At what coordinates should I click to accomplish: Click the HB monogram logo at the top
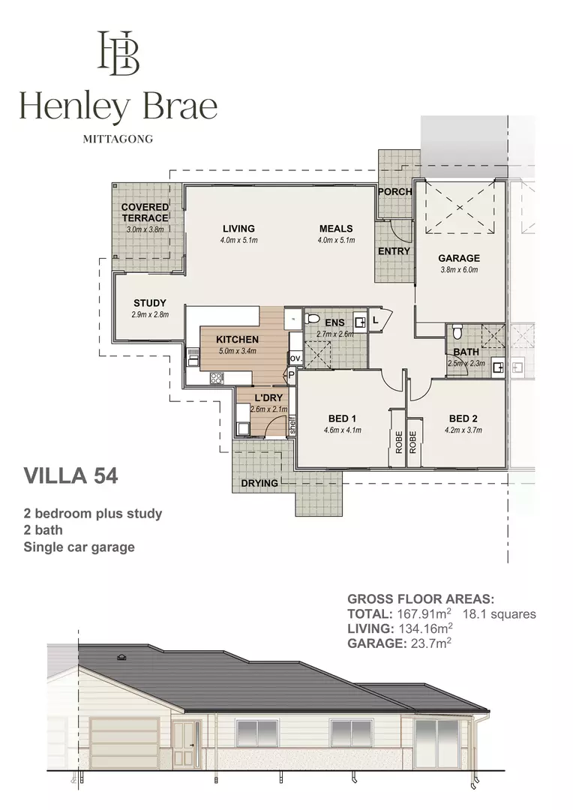[x=119, y=53]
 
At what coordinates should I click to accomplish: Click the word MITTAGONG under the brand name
[x=118, y=139]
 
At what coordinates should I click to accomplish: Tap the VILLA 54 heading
[x=70, y=475]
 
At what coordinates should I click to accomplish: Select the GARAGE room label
[x=459, y=258]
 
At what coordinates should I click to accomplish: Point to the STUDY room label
[x=150, y=303]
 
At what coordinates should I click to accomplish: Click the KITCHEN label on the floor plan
[x=237, y=339]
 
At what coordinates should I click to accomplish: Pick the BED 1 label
[x=342, y=418]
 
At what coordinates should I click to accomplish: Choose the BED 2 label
[x=463, y=418]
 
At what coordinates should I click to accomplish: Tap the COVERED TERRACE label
[x=145, y=212]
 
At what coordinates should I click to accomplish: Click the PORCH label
[x=394, y=191]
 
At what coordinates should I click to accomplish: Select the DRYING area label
[x=259, y=483]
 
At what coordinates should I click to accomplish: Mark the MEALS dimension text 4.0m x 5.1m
[x=336, y=240]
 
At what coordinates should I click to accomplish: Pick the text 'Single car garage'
[x=79, y=547]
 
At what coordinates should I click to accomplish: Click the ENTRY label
[x=394, y=250]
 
